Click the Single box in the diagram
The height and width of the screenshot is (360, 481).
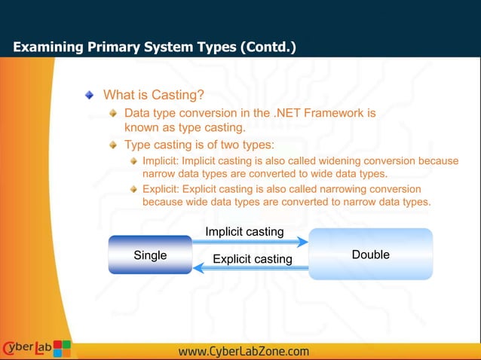(x=150, y=255)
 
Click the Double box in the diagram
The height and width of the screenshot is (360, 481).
(x=371, y=255)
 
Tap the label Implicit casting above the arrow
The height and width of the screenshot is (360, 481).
(x=244, y=231)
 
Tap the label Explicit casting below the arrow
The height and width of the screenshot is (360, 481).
(x=252, y=259)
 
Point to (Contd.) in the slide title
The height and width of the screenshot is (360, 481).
(x=268, y=47)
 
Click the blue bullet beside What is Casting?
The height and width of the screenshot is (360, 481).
(x=90, y=95)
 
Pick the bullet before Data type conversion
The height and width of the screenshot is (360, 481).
(x=113, y=113)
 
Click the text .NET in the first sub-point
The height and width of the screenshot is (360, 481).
(x=289, y=113)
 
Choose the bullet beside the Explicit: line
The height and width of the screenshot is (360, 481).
(x=134, y=189)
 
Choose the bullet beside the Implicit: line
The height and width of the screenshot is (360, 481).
(x=134, y=161)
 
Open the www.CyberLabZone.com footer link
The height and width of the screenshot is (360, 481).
(x=244, y=351)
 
